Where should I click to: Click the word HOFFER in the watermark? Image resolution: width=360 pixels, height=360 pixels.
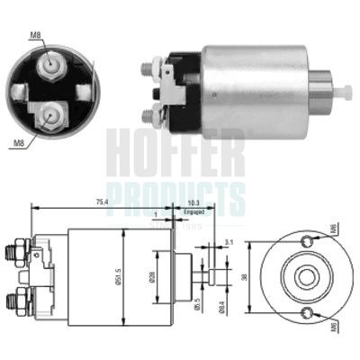(176, 153)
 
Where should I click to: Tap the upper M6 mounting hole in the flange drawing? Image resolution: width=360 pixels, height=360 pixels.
(308, 240)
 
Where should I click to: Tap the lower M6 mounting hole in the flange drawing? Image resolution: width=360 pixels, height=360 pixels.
(308, 312)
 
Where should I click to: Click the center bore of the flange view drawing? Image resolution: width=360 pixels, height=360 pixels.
(307, 276)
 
